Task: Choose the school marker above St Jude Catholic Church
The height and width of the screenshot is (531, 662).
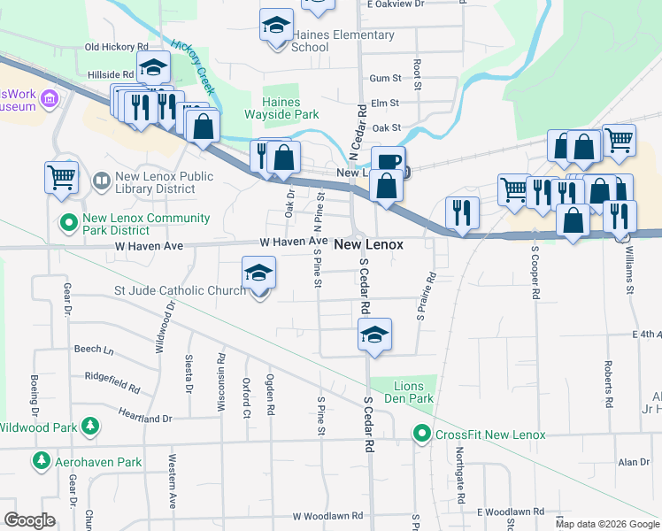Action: click(258, 273)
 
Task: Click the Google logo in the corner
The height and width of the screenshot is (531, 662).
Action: click(29, 520)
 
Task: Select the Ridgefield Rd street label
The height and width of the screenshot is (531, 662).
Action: click(112, 381)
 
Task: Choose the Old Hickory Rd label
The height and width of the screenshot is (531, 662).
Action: click(116, 47)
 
